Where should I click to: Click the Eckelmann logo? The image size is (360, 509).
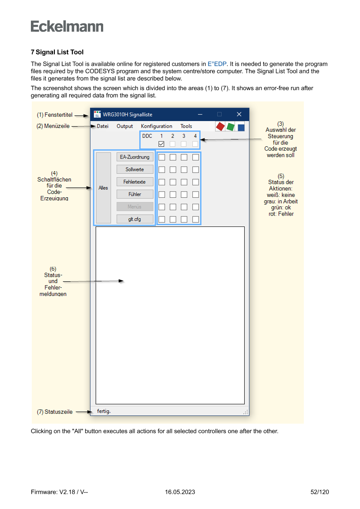[67, 27]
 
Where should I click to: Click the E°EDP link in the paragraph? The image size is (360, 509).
[217, 64]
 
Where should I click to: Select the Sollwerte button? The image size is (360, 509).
[135, 169]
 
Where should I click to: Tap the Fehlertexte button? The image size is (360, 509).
[135, 182]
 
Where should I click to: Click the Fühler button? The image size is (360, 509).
[135, 194]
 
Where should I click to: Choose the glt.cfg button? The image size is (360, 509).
[135, 219]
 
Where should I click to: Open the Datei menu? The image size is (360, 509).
[103, 126]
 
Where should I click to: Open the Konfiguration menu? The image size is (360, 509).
[157, 126]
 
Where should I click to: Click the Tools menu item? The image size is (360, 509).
[186, 126]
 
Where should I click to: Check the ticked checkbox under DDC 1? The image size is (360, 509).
[161, 144]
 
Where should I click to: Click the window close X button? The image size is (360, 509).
[239, 115]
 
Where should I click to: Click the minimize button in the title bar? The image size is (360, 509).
[200, 115]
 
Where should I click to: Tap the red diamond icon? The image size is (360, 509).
[220, 126]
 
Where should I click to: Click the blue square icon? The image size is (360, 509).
[241, 127]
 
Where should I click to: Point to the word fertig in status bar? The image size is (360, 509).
[104, 411]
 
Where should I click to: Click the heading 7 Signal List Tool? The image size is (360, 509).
[57, 52]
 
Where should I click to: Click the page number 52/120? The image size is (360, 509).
[320, 492]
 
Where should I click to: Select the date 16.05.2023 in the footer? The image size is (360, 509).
[180, 492]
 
